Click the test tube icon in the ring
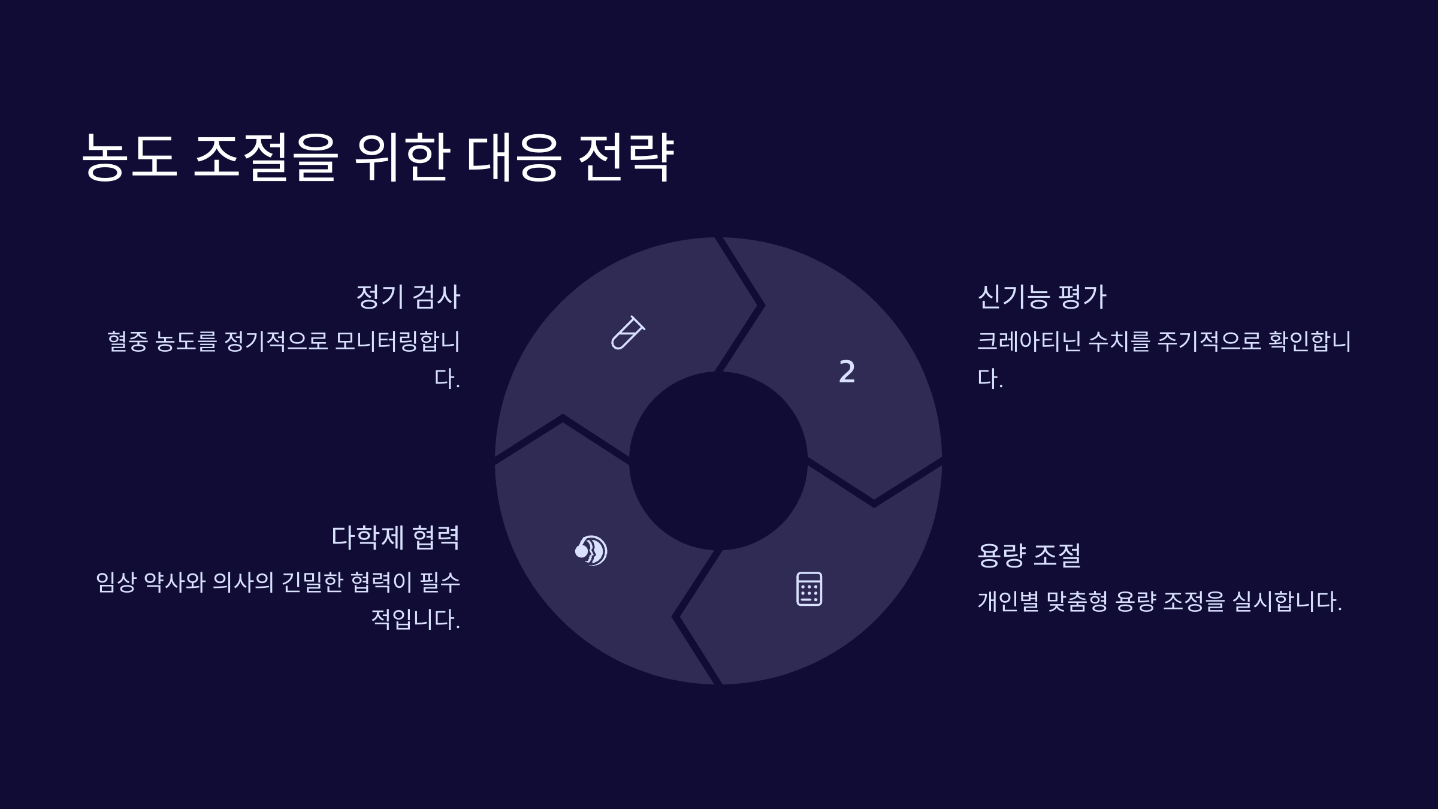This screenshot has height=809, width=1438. [x=627, y=333]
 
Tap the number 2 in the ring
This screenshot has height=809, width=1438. [x=847, y=372]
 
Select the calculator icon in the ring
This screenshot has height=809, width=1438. [x=809, y=588]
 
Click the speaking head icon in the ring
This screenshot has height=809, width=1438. [x=591, y=550]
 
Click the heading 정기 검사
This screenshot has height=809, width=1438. [x=408, y=297]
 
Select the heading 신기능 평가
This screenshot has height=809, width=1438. [x=1041, y=297]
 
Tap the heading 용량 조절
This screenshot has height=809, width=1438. [x=1029, y=555]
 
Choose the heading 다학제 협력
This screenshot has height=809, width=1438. [x=395, y=537]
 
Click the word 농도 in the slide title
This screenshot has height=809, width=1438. [x=129, y=157]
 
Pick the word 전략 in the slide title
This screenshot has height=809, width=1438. [x=626, y=157]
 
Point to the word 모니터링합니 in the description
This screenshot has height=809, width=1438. [x=397, y=342]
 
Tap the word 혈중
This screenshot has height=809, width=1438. [x=127, y=342]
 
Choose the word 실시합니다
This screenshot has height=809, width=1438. [x=1286, y=601]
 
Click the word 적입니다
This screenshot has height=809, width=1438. [x=415, y=619]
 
